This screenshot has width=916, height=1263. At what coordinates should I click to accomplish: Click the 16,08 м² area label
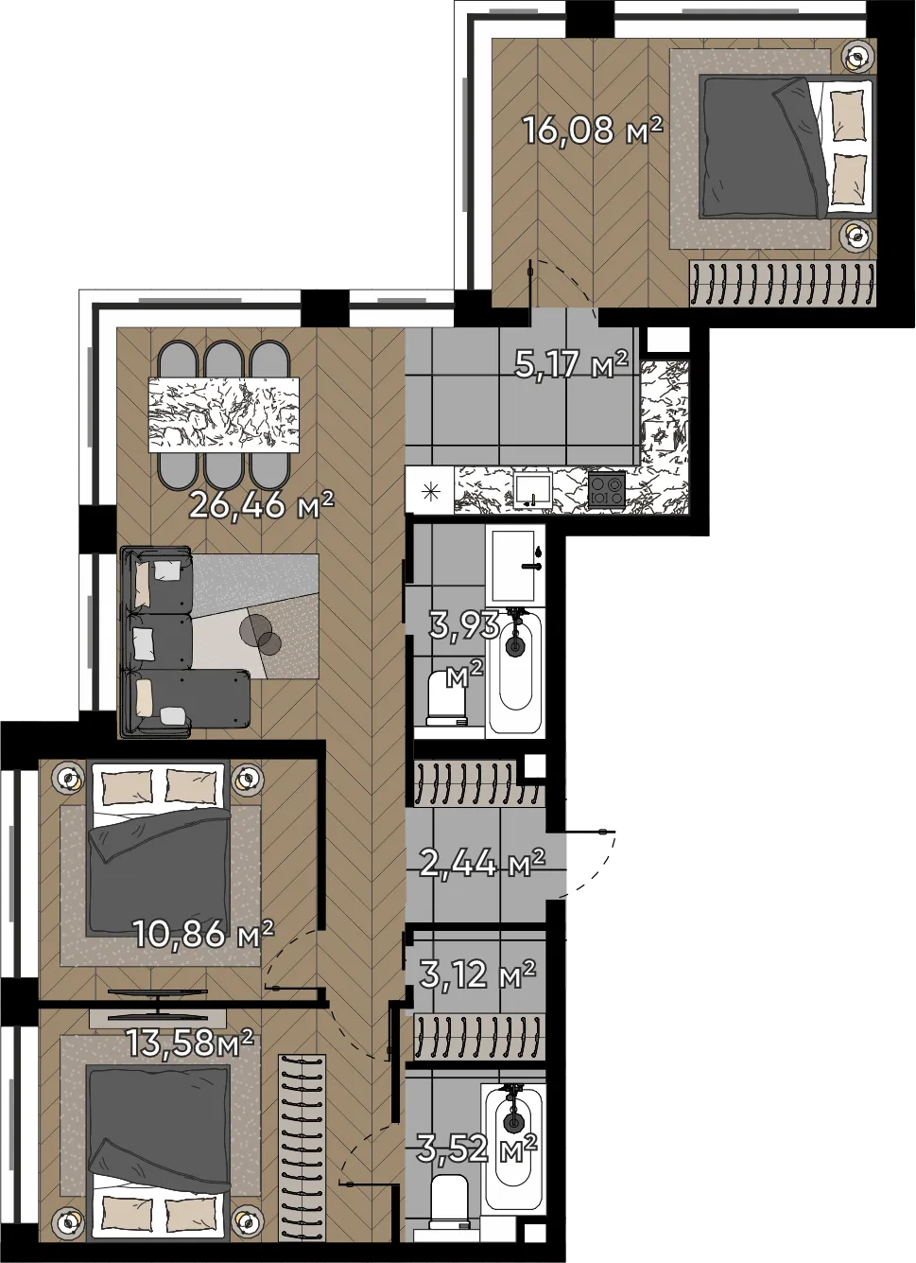pyautogui.click(x=593, y=131)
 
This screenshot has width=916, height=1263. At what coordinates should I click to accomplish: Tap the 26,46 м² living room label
pyautogui.click(x=262, y=504)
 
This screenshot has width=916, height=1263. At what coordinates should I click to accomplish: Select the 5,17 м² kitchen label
pyautogui.click(x=571, y=364)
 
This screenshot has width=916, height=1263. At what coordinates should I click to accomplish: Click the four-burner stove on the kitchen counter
pyautogui.click(x=607, y=491)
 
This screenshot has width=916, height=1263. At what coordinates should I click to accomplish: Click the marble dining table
pyautogui.click(x=224, y=414)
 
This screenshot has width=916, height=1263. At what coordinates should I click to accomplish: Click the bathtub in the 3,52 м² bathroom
pyautogui.click(x=512, y=1149)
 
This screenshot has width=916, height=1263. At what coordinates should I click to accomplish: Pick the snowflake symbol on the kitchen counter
pyautogui.click(x=431, y=492)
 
